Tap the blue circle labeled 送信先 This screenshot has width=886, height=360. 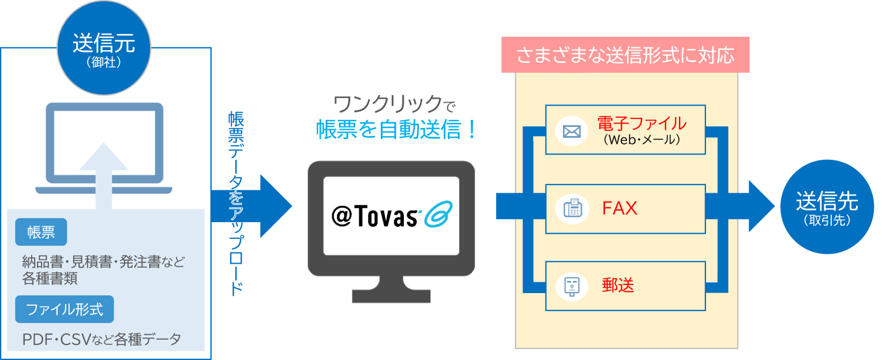[827, 207]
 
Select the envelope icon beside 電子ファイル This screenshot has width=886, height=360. [571, 132]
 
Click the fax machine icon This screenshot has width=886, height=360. [571, 209]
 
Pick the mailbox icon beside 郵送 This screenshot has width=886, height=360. [571, 286]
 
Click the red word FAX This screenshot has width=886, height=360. [620, 208]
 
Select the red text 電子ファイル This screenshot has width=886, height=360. [641, 123]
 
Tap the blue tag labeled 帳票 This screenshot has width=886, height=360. [41, 232]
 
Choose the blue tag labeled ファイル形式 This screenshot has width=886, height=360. [65, 310]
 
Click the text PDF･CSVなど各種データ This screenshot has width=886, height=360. [102, 339]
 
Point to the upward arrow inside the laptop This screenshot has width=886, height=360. [104, 167]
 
